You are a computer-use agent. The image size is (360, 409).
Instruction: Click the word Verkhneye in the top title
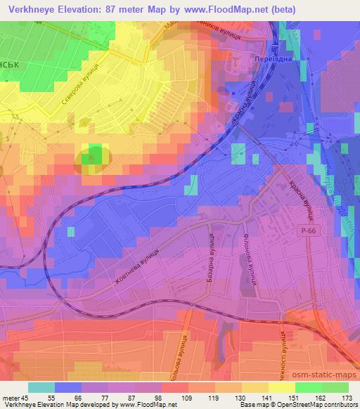click(x=32, y=10)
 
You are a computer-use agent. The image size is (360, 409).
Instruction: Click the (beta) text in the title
click(x=280, y=10)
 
